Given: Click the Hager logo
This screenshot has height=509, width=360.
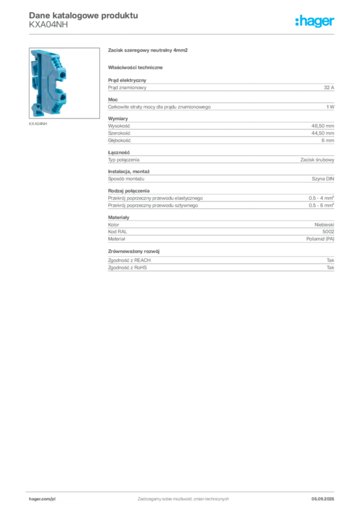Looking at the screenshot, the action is [x=315, y=21].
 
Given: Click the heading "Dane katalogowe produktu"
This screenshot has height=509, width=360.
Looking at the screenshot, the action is [x=84, y=15].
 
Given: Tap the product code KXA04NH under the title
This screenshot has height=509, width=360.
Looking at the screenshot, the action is [x=48, y=24].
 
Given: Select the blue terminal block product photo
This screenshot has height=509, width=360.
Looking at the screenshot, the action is [x=64, y=83].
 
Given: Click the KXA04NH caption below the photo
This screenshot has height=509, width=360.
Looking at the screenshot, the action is [x=38, y=124].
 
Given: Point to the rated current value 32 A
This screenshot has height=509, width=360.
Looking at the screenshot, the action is [x=329, y=87].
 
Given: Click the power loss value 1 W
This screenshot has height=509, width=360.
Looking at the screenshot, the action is [x=330, y=107].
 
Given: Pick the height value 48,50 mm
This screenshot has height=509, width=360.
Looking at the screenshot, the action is [x=323, y=126].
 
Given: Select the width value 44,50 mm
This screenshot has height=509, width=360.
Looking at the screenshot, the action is [x=323, y=133].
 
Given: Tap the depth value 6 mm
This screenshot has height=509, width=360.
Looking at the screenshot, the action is [x=328, y=140].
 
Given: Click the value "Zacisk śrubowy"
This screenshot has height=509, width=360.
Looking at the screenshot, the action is [x=317, y=160].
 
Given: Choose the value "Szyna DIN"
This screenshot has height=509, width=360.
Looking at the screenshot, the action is [x=323, y=178].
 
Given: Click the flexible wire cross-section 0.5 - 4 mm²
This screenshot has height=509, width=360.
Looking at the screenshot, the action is [x=321, y=198].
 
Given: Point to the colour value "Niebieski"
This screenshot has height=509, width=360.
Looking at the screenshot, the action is [x=324, y=225].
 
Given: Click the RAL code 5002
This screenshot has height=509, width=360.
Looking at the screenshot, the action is [x=328, y=232].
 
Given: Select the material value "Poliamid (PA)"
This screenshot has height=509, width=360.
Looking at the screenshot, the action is [x=320, y=239].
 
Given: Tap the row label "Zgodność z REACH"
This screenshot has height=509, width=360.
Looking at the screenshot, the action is [x=129, y=260].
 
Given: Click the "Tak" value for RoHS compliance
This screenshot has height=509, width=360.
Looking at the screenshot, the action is [x=331, y=267].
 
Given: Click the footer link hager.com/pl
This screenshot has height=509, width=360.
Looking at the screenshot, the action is [x=42, y=499].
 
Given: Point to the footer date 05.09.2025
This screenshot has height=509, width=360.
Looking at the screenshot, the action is [x=323, y=499].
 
